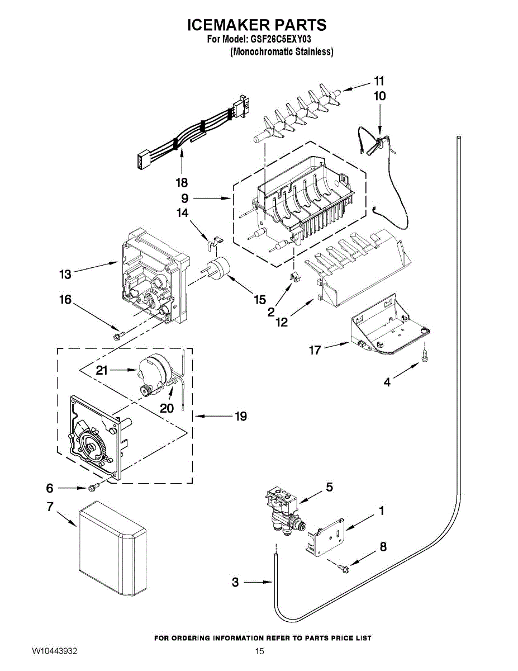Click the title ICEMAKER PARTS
tap(256, 25)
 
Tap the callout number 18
tap(182, 183)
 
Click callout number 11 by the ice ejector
tap(379, 81)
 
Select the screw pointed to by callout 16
tap(117, 335)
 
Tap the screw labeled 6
tap(93, 488)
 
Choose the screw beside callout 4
tap(425, 354)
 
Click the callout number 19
tap(241, 417)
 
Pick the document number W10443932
tap(54, 652)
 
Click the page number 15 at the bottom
tap(259, 651)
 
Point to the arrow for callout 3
tap(260, 583)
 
